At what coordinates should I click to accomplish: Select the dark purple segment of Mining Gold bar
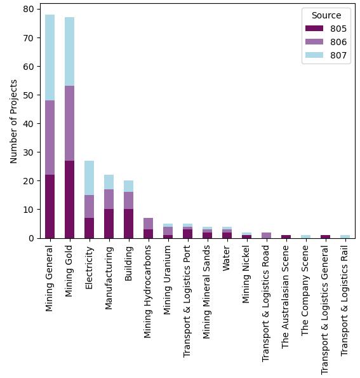tap(69, 199)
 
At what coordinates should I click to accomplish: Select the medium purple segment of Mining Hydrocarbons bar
tap(148, 223)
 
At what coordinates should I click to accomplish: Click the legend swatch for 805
tap(314, 29)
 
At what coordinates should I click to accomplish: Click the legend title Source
tap(326, 15)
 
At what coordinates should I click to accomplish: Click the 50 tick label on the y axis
tap(29, 95)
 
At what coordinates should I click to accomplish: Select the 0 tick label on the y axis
tap(31, 238)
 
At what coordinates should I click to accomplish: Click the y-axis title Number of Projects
tap(15, 121)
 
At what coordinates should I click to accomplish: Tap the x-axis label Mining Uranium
tap(168, 278)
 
